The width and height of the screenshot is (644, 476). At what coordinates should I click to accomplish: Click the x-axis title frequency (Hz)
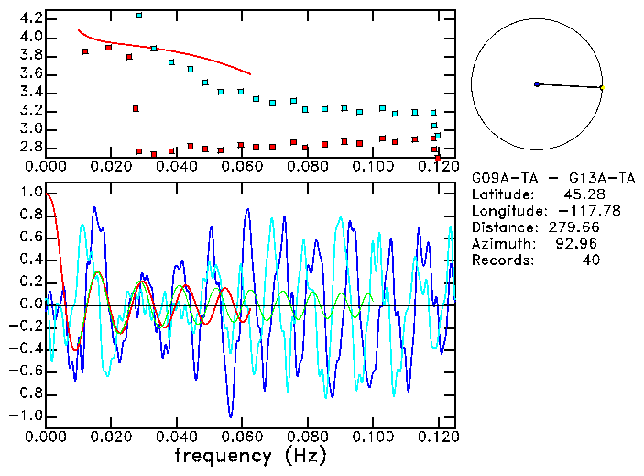tap(249, 455)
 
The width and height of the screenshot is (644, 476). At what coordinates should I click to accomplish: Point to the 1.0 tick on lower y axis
tap(31, 193)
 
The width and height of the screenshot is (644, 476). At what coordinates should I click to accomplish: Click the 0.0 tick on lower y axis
tap(31, 304)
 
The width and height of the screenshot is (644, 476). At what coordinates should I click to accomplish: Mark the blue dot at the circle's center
tap(537, 84)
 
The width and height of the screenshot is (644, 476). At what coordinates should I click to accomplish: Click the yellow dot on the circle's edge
tap(602, 87)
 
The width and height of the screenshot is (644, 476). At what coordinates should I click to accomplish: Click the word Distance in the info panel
tap(500, 227)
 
